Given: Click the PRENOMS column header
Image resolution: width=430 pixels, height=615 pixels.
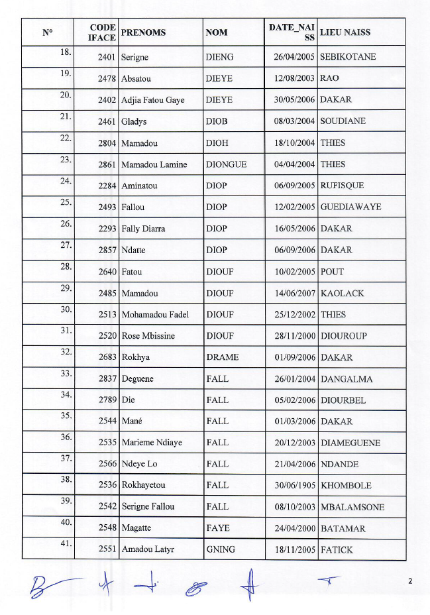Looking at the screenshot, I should [143, 32].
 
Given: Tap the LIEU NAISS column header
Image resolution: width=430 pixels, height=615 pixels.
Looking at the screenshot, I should [345, 32].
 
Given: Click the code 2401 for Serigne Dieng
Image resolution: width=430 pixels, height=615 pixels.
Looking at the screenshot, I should [107, 57].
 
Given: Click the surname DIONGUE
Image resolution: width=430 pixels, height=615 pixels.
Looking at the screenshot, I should [226, 164].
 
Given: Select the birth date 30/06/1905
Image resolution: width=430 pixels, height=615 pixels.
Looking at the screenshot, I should [295, 485].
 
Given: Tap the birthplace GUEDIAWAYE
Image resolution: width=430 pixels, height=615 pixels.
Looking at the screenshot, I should [350, 207].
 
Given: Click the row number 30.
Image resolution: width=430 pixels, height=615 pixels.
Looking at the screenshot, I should [66, 309].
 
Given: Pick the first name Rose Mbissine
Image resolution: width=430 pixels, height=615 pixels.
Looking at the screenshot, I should [148, 336].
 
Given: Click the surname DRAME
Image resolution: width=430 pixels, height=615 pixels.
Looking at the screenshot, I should [222, 357].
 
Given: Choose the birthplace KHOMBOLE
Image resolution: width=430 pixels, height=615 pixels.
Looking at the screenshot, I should [346, 485].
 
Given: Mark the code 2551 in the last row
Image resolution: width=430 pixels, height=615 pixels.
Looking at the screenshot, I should [107, 549].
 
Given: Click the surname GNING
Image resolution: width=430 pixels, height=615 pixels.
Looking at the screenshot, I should [221, 549].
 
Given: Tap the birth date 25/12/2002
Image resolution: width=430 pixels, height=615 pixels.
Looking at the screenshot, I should [295, 315].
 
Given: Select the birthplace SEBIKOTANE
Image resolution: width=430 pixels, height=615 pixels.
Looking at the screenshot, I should [347, 57].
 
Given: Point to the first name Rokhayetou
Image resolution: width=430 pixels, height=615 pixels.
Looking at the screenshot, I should [143, 485].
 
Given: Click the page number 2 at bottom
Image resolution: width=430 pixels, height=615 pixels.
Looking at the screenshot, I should [410, 581].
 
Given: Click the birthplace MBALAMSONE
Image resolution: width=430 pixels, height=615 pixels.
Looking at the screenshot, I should [352, 507].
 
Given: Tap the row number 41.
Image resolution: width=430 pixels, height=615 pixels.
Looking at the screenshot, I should [66, 543].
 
